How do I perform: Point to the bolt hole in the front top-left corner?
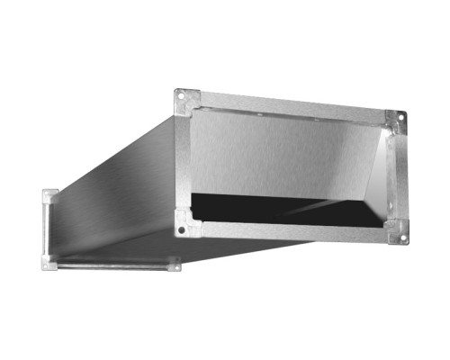180,94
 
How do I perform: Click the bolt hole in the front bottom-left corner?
181,231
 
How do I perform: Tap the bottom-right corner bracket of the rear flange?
175,265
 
